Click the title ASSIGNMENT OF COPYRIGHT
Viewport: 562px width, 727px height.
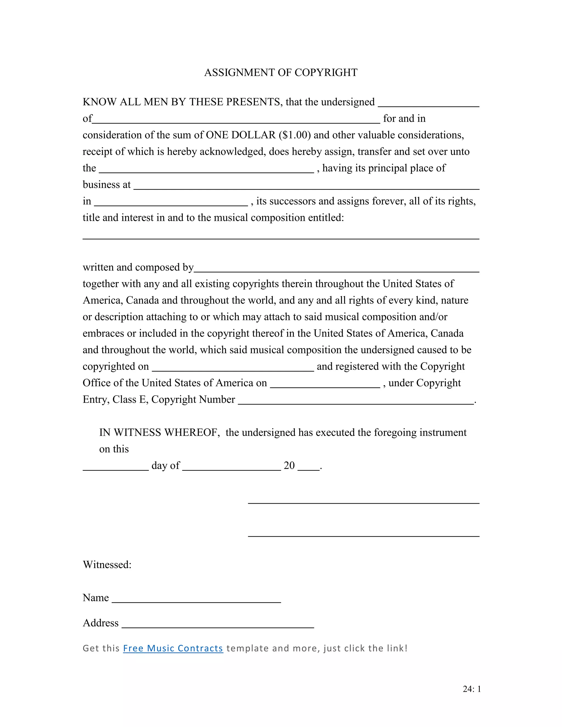281,73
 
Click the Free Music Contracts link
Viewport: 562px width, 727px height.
173,648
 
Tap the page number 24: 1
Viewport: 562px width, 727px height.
471,689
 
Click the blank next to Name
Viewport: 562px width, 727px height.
196,599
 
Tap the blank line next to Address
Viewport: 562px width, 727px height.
218,625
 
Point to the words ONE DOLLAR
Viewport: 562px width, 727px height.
241,135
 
